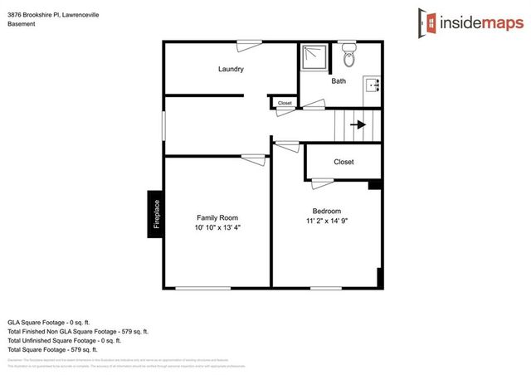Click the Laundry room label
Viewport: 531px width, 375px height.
tap(231, 69)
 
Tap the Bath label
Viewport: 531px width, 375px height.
tap(339, 81)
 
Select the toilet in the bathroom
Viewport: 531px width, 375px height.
tap(348, 57)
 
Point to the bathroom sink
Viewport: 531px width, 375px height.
tap(372, 85)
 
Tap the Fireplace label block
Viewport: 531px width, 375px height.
tap(154, 215)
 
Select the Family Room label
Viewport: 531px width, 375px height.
tap(217, 217)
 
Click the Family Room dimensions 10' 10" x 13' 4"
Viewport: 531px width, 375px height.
tap(217, 227)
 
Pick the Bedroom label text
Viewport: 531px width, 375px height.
tap(326, 211)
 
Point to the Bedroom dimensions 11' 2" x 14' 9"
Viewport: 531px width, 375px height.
tap(326, 222)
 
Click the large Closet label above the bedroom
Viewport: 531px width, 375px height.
tap(343, 162)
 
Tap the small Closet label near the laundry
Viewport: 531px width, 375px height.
tap(285, 104)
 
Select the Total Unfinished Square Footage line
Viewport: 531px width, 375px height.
tap(65, 340)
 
